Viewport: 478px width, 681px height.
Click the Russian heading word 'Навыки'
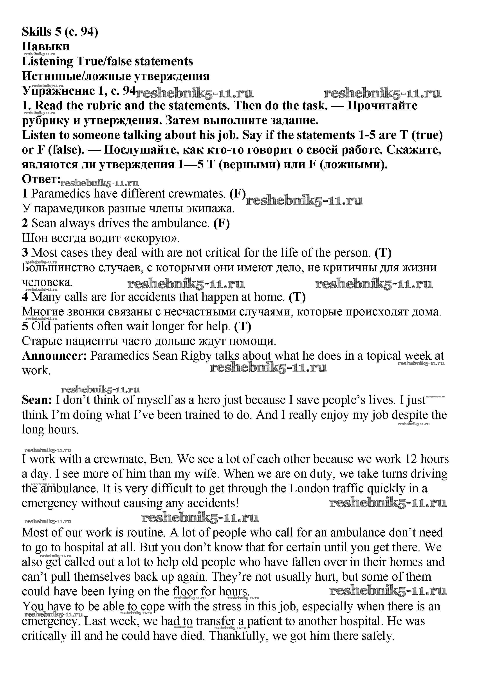tap(46, 46)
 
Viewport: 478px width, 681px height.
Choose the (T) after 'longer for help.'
tap(243, 326)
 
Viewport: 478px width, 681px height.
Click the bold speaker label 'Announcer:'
tap(54, 356)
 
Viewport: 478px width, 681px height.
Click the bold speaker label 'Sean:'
tap(37, 400)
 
